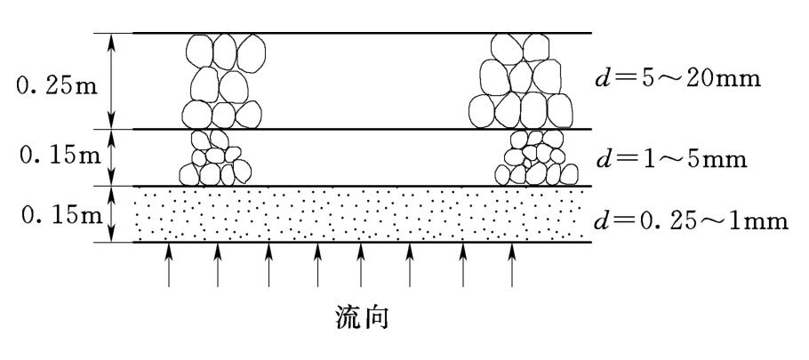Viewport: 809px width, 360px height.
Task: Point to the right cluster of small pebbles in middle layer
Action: point(532,158)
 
